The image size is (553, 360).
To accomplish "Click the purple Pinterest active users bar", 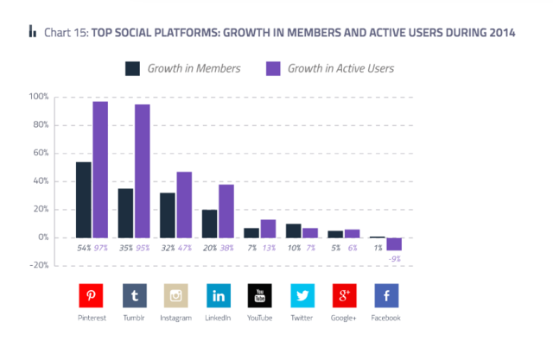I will [x=100, y=169].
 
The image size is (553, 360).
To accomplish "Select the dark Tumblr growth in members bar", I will [x=126, y=212].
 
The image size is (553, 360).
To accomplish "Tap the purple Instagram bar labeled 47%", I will [x=184, y=205].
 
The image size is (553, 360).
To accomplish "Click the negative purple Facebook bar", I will [x=395, y=243].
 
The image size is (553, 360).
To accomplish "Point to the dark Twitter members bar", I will [x=294, y=231].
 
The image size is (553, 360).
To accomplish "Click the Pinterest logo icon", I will [x=92, y=296].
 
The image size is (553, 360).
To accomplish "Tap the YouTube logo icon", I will [x=260, y=296].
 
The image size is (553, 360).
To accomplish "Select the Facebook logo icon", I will [x=386, y=296].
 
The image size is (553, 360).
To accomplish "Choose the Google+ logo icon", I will [x=345, y=296].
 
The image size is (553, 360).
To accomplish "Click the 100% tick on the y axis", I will [x=39, y=97].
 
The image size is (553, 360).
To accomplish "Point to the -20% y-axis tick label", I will [x=39, y=266].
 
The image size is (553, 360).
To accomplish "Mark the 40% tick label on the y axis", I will [x=41, y=181].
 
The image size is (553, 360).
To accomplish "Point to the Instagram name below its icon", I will [x=176, y=318].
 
